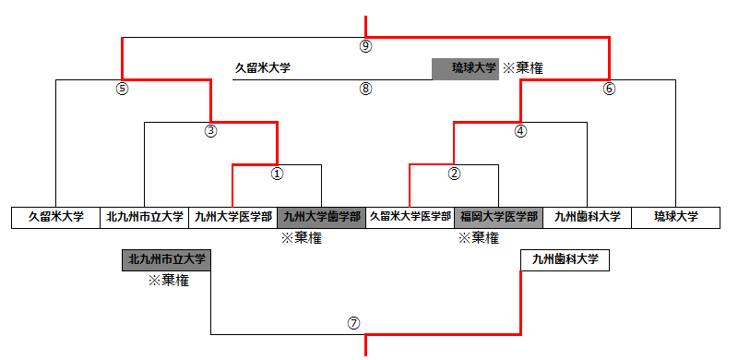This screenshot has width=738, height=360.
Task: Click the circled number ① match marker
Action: pyautogui.click(x=277, y=173)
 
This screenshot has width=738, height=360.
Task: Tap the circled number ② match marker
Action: pyautogui.click(x=454, y=173)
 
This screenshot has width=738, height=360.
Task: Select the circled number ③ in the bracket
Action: pyautogui.click(x=210, y=131)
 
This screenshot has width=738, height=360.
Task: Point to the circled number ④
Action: pyautogui.click(x=520, y=131)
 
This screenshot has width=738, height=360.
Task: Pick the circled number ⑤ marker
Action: pyautogui.click(x=122, y=90)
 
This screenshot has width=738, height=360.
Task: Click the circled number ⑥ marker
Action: pyautogui.click(x=609, y=90)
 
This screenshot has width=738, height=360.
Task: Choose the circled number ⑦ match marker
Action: pyautogui.click(x=353, y=324)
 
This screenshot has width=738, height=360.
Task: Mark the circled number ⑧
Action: pyautogui.click(x=365, y=90)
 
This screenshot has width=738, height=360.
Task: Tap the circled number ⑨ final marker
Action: pyautogui.click(x=365, y=45)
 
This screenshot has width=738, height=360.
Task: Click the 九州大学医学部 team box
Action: pyautogui.click(x=232, y=217)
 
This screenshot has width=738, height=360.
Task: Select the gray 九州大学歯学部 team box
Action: pyautogui.click(x=321, y=217)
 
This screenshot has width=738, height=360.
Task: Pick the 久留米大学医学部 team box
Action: pyautogui.click(x=410, y=217)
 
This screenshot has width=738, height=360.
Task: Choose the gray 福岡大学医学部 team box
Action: pyautogui.click(x=498, y=217)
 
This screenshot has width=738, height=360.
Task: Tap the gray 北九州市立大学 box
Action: pyautogui.click(x=167, y=259)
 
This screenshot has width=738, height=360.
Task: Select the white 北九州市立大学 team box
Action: pyautogui.click(x=144, y=217)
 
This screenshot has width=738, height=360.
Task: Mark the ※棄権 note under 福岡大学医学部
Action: pyautogui.click(x=478, y=238)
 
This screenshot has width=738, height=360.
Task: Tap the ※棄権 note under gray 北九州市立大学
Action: pyautogui.click(x=169, y=280)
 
